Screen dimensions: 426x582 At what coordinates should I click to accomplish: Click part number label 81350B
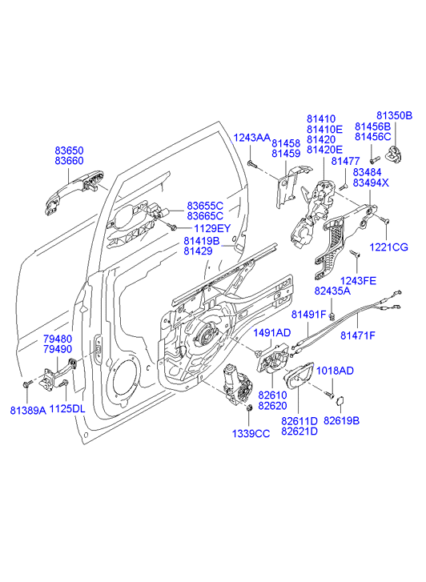point(395,116)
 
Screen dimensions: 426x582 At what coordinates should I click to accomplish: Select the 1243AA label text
point(251,138)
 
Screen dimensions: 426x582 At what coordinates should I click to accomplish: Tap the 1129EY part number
point(212,228)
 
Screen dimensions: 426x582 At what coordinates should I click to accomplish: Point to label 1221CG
point(388,247)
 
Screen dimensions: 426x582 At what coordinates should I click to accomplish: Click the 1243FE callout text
point(358,281)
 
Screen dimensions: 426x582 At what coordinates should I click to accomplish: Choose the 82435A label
point(332,291)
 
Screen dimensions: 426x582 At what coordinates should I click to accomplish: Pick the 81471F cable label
point(358,335)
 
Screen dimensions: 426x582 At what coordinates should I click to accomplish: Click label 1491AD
point(272,332)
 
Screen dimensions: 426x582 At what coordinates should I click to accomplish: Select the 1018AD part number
point(335,371)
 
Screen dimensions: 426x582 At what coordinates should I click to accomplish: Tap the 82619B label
point(341,420)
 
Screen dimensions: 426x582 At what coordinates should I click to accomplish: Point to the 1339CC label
point(251,433)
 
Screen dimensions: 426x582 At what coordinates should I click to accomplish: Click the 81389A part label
point(28,410)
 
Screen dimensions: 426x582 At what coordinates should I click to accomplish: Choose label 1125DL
point(67,409)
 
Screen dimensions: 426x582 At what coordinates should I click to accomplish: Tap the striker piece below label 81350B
point(395,154)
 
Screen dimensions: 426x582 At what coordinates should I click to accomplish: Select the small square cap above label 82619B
point(340,400)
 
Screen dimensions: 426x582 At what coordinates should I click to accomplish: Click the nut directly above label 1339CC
point(249,407)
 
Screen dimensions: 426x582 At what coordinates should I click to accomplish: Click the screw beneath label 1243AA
point(252,163)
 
